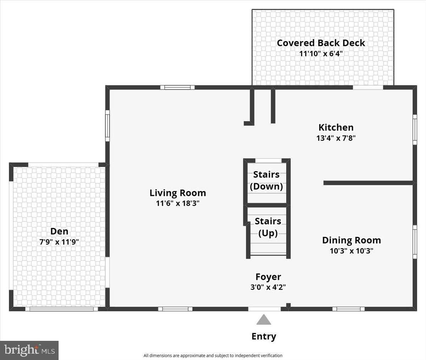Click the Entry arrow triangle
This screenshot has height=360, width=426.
click(x=264, y=320)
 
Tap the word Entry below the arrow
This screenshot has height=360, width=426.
click(x=264, y=336)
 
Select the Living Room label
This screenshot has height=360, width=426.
click(x=177, y=193)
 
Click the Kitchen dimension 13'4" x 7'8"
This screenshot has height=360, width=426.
click(x=336, y=138)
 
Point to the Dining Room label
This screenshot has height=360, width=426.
click(x=351, y=240)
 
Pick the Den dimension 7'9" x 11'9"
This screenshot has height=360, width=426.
click(x=59, y=242)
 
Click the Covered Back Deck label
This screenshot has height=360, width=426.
click(x=321, y=43)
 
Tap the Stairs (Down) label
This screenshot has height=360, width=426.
click(x=266, y=180)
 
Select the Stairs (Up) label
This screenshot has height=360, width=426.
click(x=268, y=227)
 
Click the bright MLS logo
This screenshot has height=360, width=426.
click(x=29, y=350)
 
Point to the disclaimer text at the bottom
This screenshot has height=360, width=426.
click(x=213, y=355)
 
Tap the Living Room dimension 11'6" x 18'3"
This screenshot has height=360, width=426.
click(x=177, y=203)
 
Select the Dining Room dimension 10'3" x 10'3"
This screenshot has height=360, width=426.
click(x=351, y=251)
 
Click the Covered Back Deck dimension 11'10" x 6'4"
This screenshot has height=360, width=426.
click(x=321, y=54)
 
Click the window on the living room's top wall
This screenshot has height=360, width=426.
click(x=177, y=87)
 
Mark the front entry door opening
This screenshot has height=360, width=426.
click(x=264, y=309)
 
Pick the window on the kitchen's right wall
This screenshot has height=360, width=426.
click(x=415, y=129)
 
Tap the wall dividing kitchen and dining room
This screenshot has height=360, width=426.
click(x=368, y=183)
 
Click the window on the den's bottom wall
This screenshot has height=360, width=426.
click(x=61, y=309)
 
